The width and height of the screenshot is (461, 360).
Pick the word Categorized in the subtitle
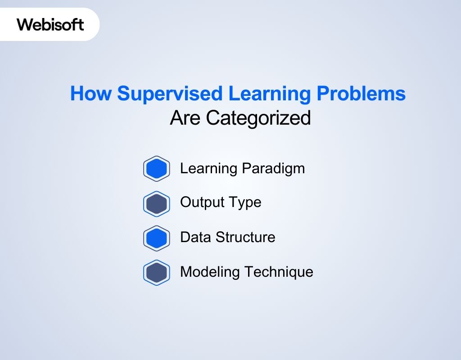pos(258,118)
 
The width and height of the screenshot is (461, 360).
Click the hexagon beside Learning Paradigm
pos(156,169)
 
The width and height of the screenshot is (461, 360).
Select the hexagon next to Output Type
pos(156,203)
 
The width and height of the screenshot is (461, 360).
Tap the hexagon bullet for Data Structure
pos(156,238)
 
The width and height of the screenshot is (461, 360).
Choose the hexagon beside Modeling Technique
pos(156,273)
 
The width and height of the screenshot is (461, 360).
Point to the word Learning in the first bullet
pos(208,169)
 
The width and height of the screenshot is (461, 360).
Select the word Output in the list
pos(201,202)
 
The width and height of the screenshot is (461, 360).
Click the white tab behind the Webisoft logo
pos(90,31)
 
